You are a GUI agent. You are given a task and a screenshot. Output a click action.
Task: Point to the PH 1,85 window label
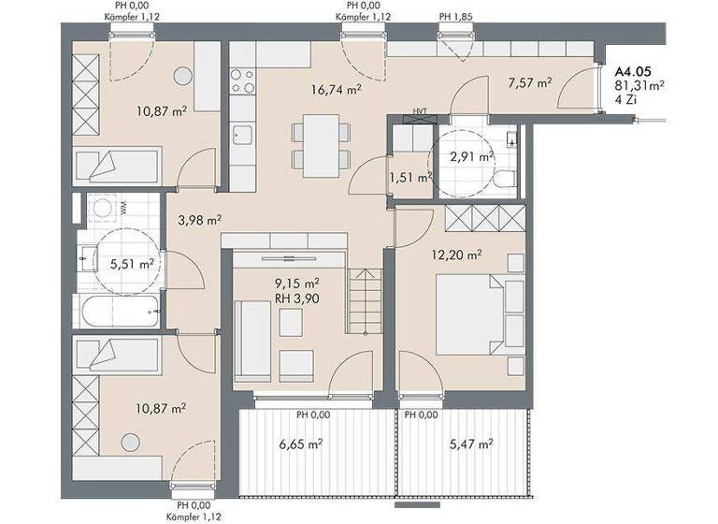tap(455, 16)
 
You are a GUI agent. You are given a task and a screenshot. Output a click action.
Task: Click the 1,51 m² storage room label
tap(409, 176)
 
